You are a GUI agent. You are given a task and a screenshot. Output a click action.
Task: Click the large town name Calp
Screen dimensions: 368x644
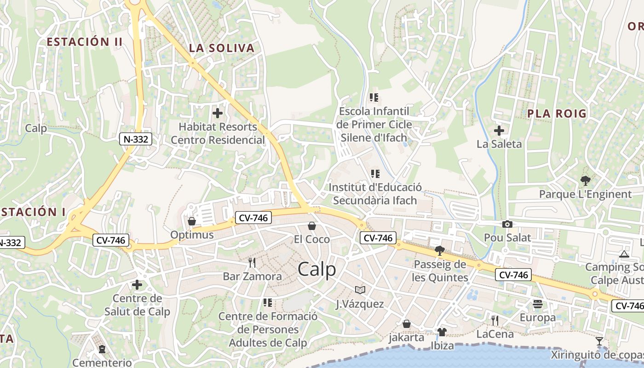coord(317,270)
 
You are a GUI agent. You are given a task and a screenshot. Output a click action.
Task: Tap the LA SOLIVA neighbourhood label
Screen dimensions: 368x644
coord(222,48)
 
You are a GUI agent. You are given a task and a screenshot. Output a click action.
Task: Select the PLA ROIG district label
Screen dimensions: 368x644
coord(557,114)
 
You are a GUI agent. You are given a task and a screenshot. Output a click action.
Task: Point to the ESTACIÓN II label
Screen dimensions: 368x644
coord(85,42)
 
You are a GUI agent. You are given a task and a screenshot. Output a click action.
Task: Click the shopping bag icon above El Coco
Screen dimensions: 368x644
coord(312,226)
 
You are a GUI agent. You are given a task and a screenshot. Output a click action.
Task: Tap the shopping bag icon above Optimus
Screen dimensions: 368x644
coord(192,222)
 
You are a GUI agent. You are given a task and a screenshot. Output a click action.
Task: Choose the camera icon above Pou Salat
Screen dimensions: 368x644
coord(507,224)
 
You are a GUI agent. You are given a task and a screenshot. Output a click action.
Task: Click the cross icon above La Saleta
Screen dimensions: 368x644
coord(499,131)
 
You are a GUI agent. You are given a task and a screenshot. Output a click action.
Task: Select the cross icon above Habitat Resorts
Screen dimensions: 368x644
coord(218,113)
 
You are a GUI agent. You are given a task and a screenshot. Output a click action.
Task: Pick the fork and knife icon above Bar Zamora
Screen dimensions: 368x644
coord(252,263)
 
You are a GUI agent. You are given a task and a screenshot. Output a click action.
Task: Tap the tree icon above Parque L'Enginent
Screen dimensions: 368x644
coord(586,181)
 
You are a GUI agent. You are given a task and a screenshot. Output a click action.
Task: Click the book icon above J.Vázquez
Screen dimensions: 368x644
coord(360,290)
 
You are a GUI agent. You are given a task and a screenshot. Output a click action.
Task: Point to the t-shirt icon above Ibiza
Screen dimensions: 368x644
coord(442,332)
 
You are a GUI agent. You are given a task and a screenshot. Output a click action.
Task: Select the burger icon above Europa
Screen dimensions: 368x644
coord(538,304)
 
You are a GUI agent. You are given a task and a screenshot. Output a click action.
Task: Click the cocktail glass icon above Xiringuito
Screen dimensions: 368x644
coord(599,341)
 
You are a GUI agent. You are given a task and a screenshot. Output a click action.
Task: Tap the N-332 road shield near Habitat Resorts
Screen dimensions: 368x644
coord(136,139)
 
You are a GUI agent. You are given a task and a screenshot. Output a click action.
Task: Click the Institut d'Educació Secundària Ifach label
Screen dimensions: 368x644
coord(375,194)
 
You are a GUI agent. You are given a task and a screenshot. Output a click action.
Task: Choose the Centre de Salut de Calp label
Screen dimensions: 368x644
coord(137,305)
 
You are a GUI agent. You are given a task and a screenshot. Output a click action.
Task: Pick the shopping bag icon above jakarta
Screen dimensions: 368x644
coord(407,324)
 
